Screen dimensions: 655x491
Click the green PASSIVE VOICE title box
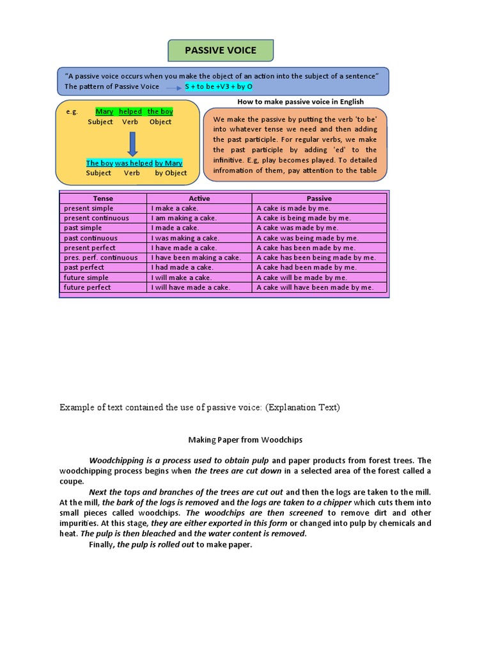click(221, 50)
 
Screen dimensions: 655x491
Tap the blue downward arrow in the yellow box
click(132, 143)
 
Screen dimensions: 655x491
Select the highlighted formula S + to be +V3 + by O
click(219, 86)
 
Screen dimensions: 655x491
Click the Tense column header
click(103, 198)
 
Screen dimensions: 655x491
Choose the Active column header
click(199, 198)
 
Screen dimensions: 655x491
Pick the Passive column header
click(319, 198)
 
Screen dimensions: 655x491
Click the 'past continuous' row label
click(90, 238)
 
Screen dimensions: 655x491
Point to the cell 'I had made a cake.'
click(182, 267)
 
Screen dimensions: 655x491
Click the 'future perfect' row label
click(87, 287)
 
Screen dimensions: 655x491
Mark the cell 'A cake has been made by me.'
click(306, 248)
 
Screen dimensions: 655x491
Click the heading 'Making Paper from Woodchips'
click(245, 440)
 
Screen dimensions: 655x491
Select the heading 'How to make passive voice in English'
click(300, 102)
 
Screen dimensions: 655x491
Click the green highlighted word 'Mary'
click(104, 111)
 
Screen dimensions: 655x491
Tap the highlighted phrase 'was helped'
click(134, 162)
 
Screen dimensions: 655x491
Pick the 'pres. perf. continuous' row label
click(100, 258)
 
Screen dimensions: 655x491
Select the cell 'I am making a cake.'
click(184, 218)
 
